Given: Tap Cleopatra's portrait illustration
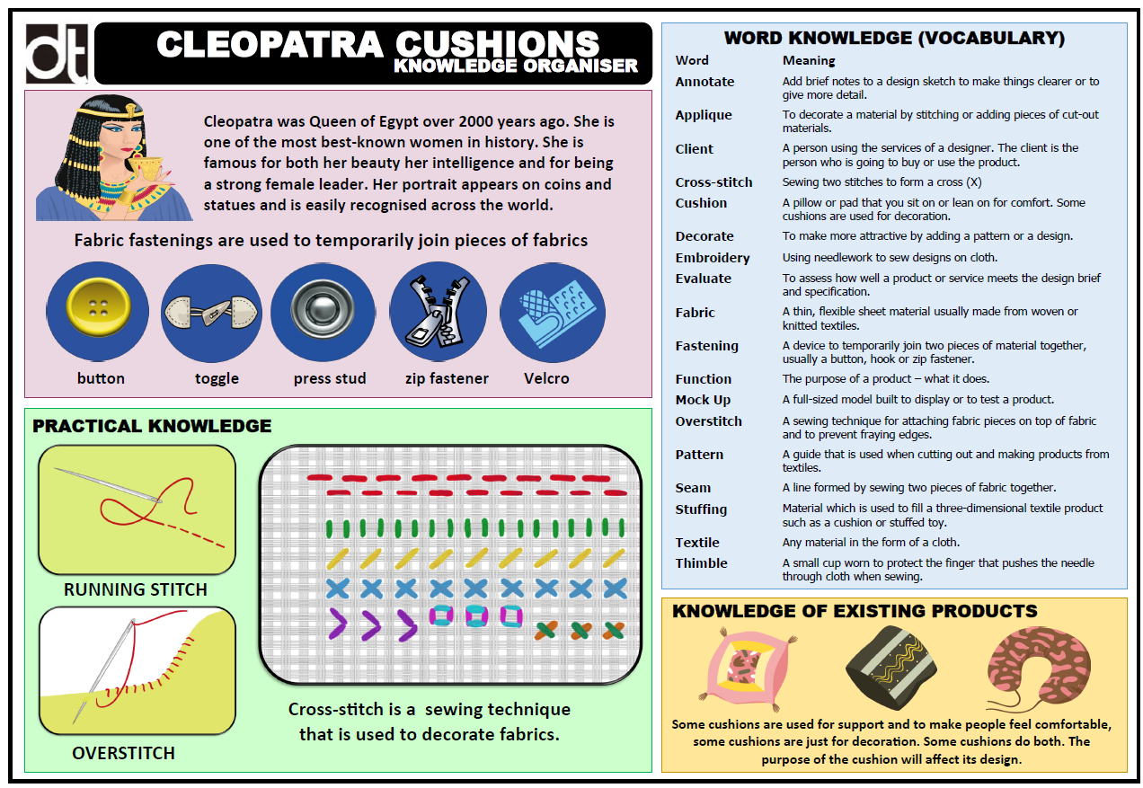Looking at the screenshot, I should [x=112, y=158].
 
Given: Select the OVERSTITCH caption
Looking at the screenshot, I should [x=123, y=753].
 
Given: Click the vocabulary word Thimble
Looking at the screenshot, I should [x=702, y=563].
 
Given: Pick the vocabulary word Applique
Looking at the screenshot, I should [x=704, y=115].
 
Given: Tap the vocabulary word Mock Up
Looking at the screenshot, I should [x=703, y=400].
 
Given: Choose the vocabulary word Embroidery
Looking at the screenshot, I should [x=713, y=258].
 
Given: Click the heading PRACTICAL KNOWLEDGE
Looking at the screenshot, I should [x=152, y=426].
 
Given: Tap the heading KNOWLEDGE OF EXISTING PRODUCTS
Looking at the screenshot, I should [x=855, y=612].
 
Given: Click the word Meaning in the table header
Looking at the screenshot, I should [x=809, y=61].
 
